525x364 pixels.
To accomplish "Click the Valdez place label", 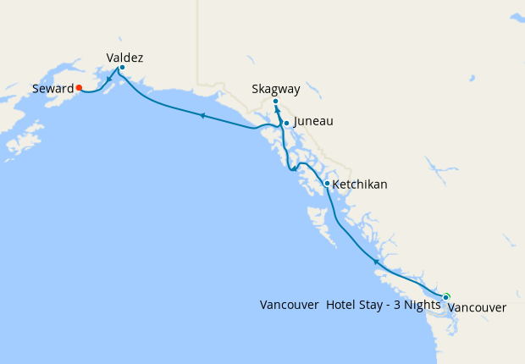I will [124, 58].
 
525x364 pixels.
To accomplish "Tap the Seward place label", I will [52, 88].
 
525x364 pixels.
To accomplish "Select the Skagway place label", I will [276, 89].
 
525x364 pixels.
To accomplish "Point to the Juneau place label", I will [312, 122].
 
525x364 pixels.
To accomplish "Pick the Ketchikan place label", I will [360, 184].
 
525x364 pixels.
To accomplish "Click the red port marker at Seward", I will [78, 86].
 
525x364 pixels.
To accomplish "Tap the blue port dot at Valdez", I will [122, 68].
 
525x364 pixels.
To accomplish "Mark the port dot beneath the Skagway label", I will [275, 102].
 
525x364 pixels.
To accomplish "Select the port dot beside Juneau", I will [286, 124].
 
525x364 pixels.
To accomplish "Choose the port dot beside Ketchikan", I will [327, 183].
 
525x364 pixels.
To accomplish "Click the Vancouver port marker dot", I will [446, 296].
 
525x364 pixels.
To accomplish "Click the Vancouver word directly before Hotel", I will [290, 305].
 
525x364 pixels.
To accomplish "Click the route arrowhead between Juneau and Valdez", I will [202, 115].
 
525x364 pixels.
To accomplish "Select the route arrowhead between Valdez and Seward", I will [110, 80].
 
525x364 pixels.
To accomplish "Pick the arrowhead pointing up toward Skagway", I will [277, 110].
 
